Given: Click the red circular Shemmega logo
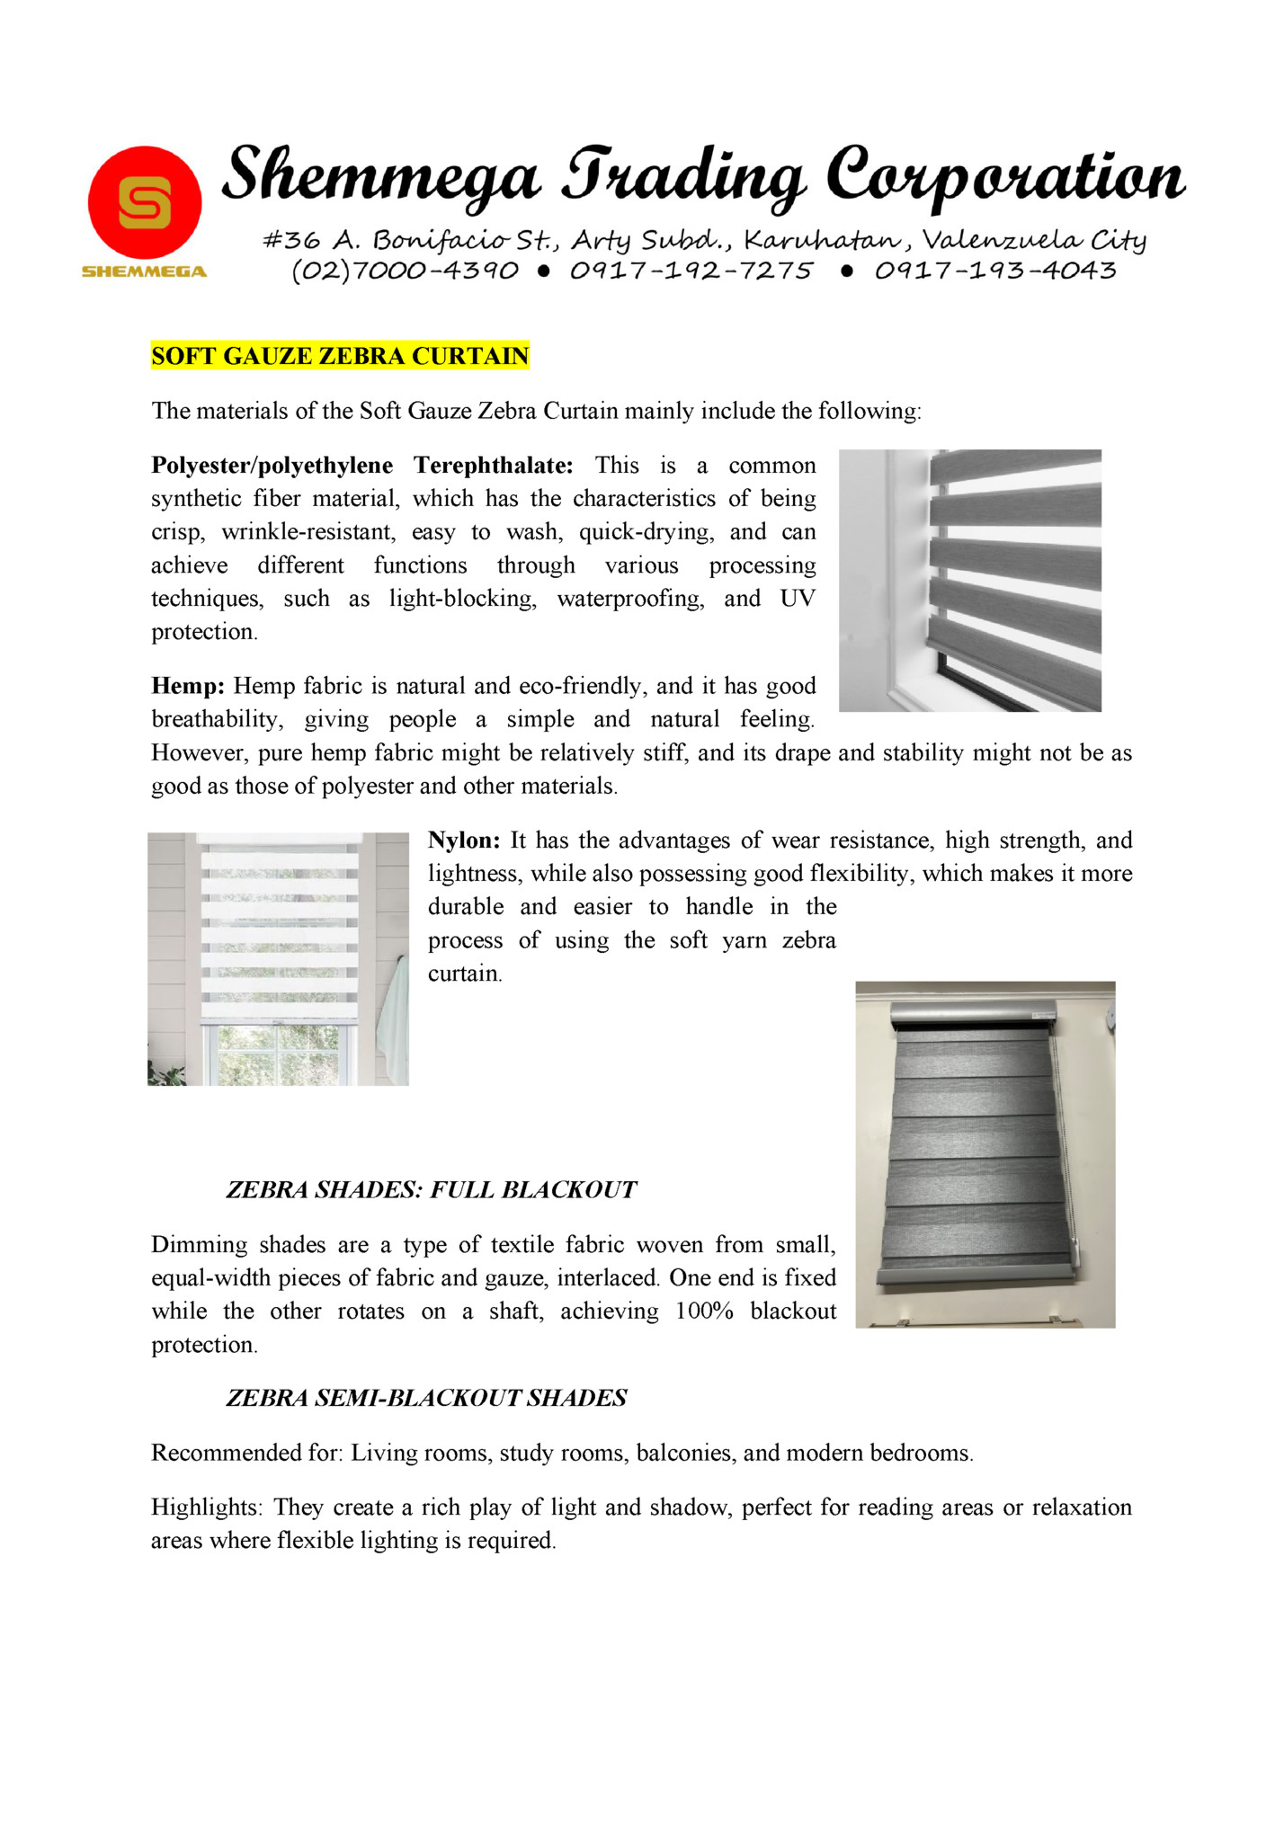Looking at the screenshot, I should pyautogui.click(x=144, y=203).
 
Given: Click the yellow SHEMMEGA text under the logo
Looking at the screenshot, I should pyautogui.click(x=144, y=271).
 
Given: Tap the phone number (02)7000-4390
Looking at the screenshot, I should pyautogui.click(x=405, y=271).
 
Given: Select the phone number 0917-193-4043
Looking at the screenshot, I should pyautogui.click(x=994, y=271).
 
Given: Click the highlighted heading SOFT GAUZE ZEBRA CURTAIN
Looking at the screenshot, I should pyautogui.click(x=340, y=356).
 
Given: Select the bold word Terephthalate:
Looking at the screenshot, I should pyautogui.click(x=493, y=466).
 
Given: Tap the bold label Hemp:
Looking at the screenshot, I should pyautogui.click(x=187, y=687).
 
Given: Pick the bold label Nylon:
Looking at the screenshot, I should pyautogui.click(x=464, y=840).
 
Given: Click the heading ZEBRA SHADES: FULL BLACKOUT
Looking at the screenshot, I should pyautogui.click(x=431, y=1190).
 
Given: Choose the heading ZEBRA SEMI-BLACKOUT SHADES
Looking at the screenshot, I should pyautogui.click(x=426, y=1398).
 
